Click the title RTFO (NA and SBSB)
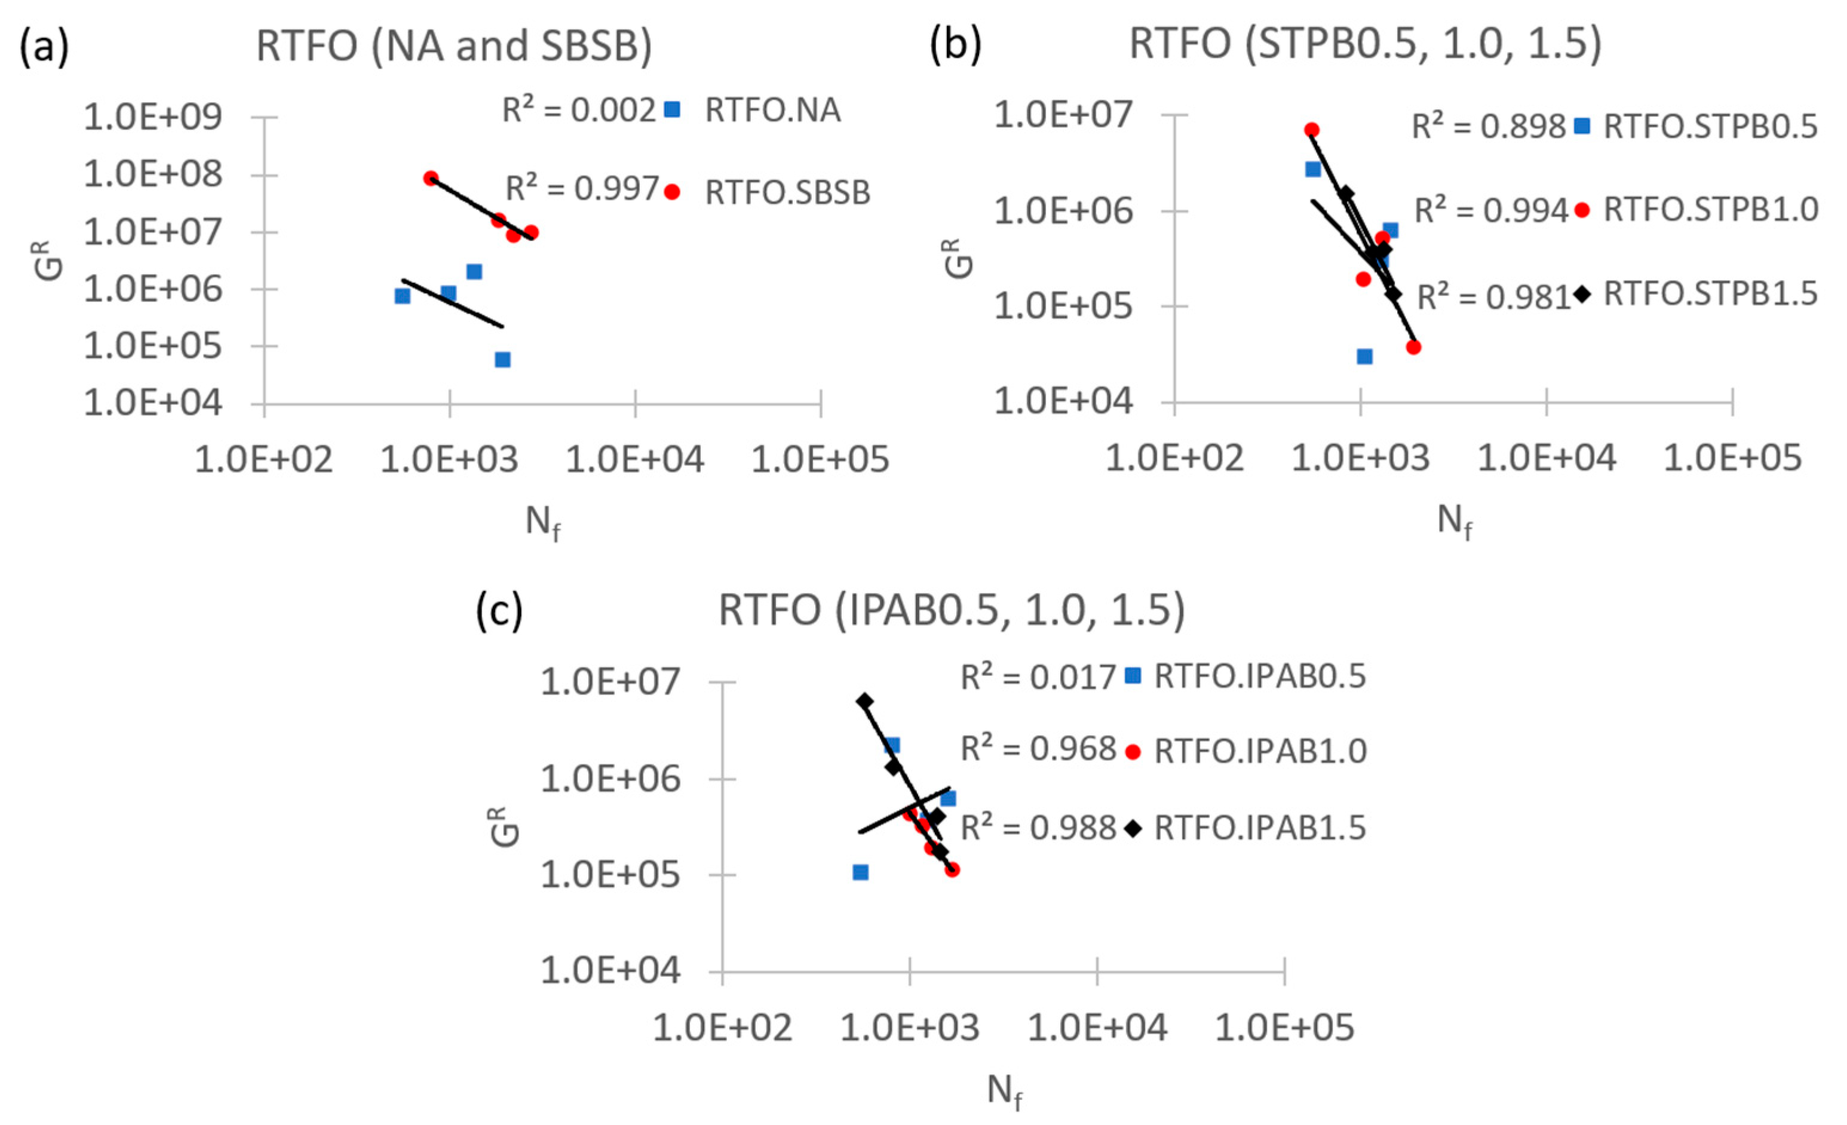click(x=453, y=47)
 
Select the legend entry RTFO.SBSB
click(x=787, y=193)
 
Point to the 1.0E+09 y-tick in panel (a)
click(x=153, y=118)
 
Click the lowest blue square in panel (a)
click(x=502, y=359)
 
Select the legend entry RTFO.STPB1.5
click(x=1710, y=294)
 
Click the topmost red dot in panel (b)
click(x=1311, y=130)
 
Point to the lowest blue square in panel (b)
click(x=1364, y=356)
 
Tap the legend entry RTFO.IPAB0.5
click(x=1259, y=676)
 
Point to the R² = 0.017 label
click(x=1038, y=677)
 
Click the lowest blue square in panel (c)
click(x=861, y=872)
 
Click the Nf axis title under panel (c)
click(x=1005, y=1092)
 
